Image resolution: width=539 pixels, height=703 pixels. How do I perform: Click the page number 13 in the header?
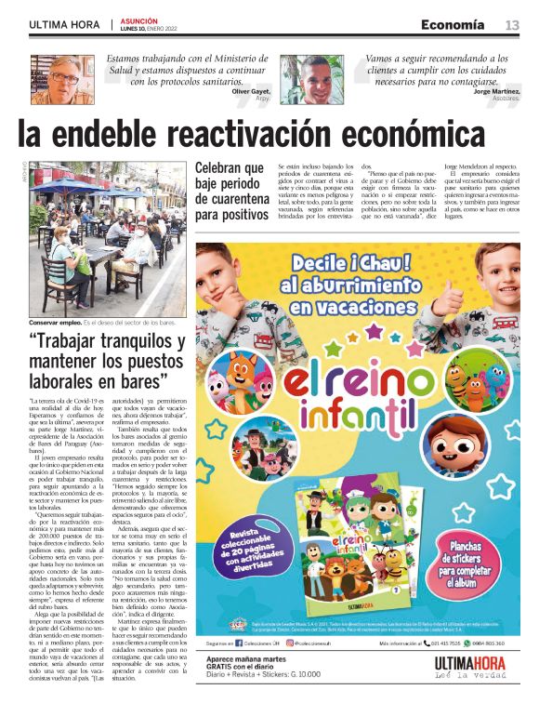(x=511, y=24)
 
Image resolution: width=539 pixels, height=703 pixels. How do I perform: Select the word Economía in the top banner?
(x=453, y=23)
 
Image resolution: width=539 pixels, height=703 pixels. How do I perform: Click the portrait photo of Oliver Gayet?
(x=64, y=78)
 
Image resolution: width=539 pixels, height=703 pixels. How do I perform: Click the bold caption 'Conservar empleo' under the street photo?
(x=57, y=322)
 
